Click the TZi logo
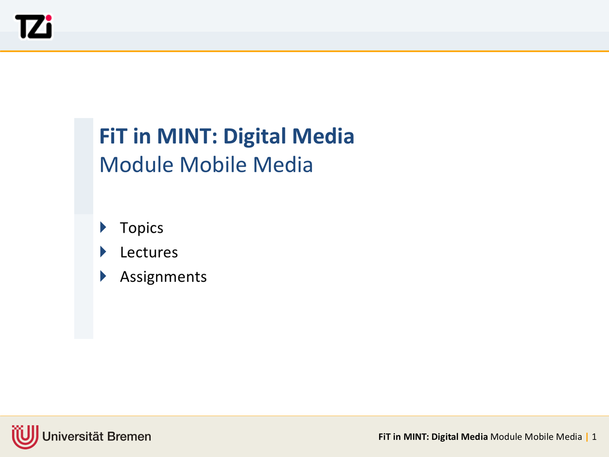(33, 27)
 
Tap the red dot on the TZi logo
(49, 18)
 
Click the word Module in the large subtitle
(137, 165)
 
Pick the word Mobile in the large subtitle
(213, 165)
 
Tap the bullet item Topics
(141, 228)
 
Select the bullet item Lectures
(149, 252)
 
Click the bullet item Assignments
(163, 277)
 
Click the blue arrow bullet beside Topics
(103, 227)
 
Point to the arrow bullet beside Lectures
(103, 252)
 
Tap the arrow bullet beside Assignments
(103, 276)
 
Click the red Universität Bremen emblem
(25, 437)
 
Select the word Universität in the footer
(73, 437)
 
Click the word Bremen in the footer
(129, 437)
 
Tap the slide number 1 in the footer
(594, 437)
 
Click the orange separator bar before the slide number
(587, 437)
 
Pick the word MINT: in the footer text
(416, 437)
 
